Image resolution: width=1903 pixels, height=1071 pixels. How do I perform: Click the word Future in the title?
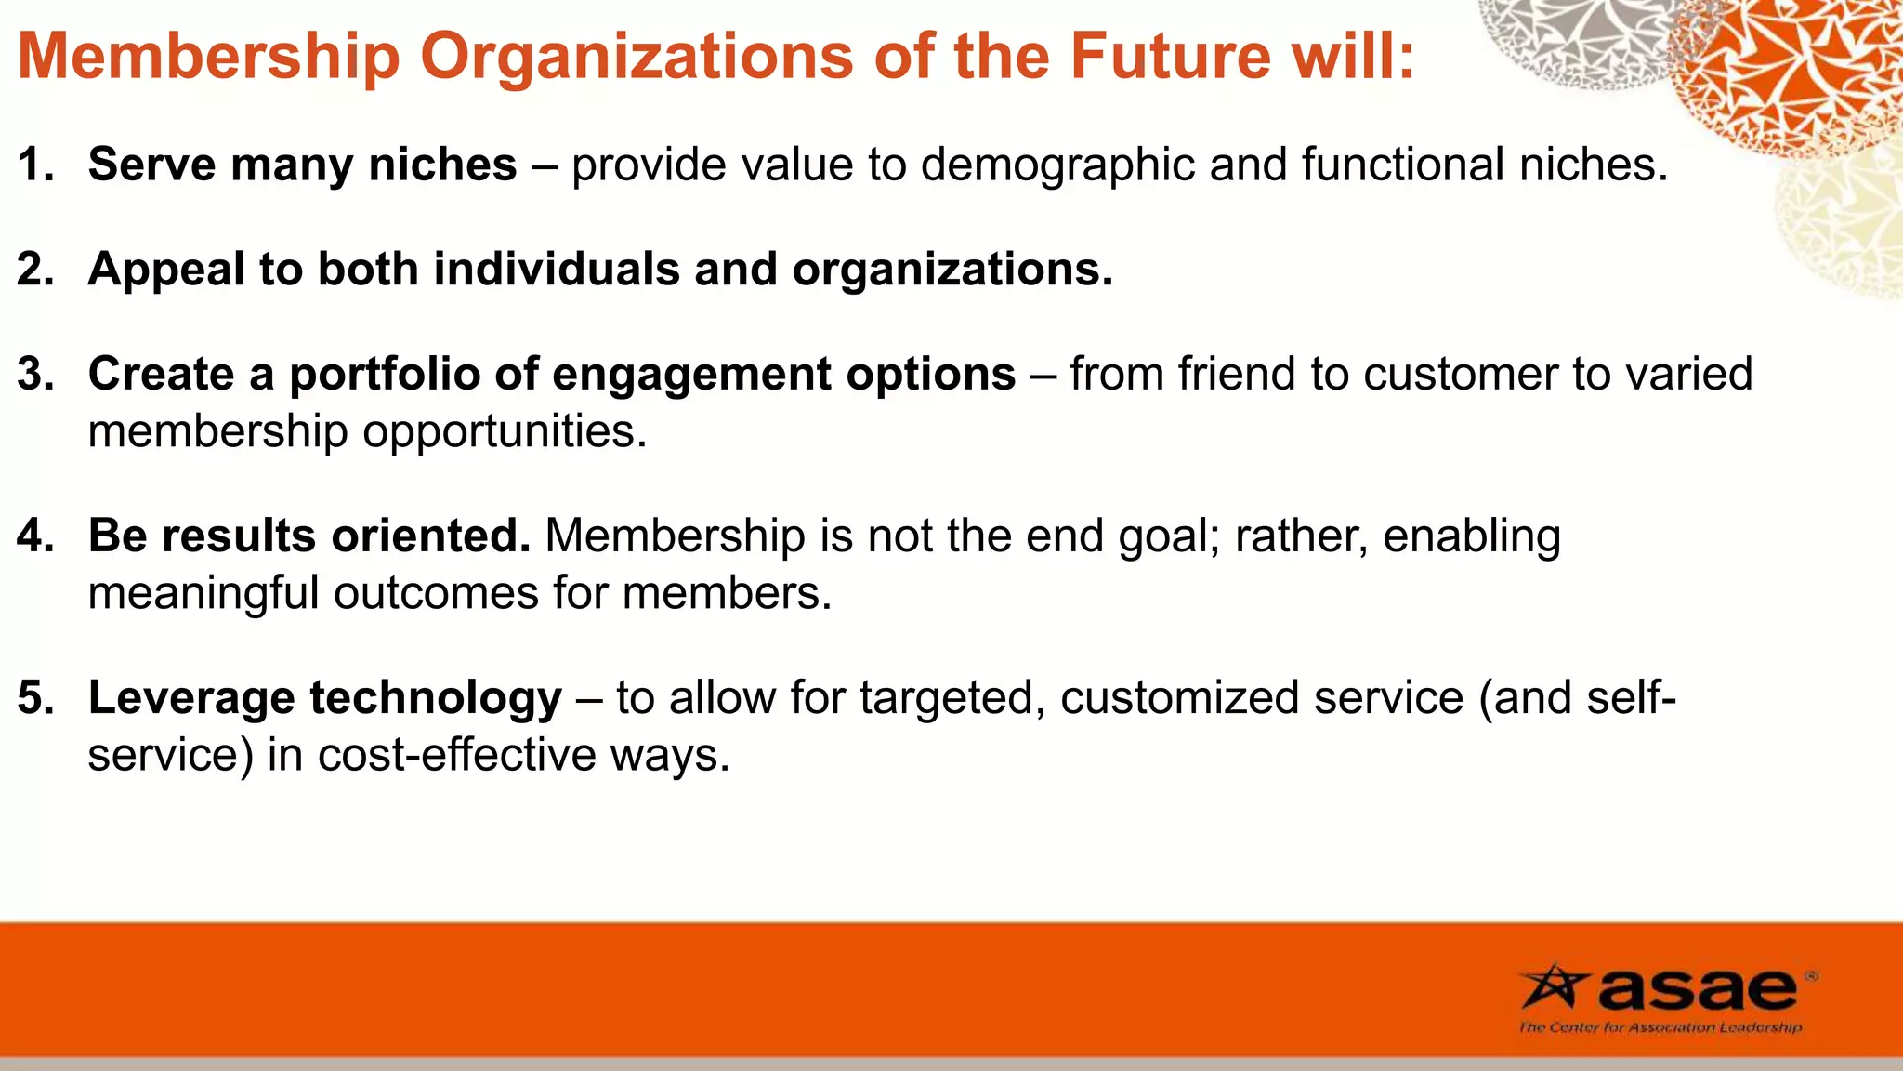(x=1169, y=56)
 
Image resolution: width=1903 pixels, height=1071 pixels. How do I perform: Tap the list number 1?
(x=35, y=165)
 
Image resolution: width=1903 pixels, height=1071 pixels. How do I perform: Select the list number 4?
(x=35, y=536)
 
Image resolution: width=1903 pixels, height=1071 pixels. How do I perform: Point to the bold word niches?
(x=442, y=165)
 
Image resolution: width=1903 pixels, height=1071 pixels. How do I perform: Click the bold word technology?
(x=436, y=698)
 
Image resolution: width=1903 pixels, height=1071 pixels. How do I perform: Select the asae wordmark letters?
(x=1697, y=989)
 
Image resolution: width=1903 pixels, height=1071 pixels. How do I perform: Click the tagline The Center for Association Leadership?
(x=1660, y=1027)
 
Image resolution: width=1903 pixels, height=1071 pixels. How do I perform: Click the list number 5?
(x=35, y=698)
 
